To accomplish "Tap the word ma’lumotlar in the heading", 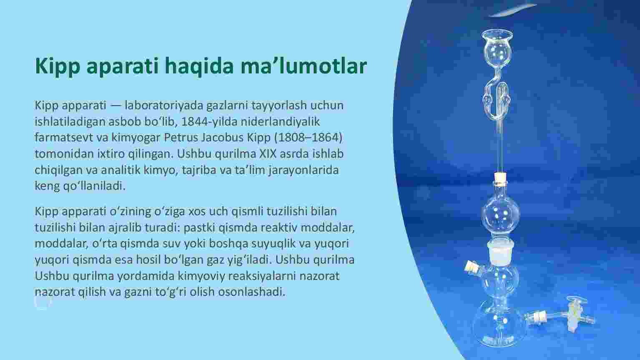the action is point(304,65).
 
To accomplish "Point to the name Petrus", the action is point(181,138).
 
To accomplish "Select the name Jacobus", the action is point(223,138).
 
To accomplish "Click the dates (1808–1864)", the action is point(308,138).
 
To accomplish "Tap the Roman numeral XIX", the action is point(268,154).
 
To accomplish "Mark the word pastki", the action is point(199,228).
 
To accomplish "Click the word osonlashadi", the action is point(252,292).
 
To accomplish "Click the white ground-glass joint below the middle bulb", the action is point(501,252).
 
